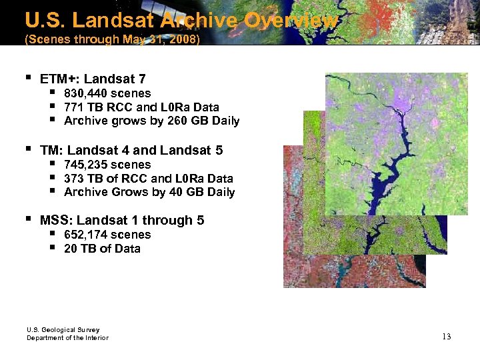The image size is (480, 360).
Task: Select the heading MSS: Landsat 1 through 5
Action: click(x=122, y=221)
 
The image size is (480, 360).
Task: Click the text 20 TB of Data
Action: click(x=102, y=249)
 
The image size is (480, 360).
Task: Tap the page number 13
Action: click(x=446, y=337)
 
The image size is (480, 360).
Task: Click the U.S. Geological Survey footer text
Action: click(x=63, y=330)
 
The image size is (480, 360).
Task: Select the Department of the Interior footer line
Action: click(x=67, y=338)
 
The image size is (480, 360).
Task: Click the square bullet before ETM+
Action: click(x=27, y=79)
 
